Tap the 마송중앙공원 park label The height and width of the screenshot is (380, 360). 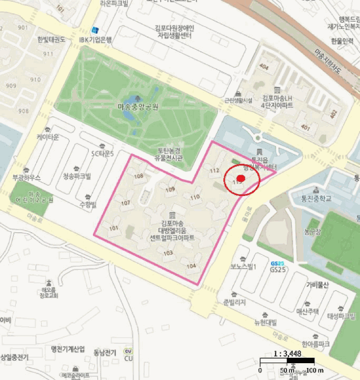(x=138, y=107)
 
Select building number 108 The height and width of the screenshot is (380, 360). (x=139, y=175)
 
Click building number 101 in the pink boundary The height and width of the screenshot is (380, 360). (x=113, y=228)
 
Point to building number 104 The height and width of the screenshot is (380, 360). (x=191, y=265)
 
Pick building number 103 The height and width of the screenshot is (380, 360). (x=168, y=253)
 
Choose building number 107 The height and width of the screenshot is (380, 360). (x=126, y=202)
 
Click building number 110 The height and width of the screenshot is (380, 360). (x=195, y=197)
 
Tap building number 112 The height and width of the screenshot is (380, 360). (x=214, y=170)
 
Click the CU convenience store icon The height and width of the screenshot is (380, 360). (x=128, y=351)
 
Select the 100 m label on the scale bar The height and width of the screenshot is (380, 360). (x=315, y=370)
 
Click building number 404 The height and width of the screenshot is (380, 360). (x=264, y=66)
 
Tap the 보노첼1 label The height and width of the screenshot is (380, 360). (x=243, y=267)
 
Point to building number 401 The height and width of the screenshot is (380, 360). (x=305, y=128)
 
